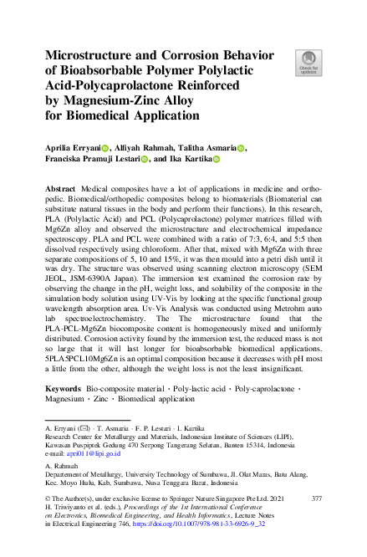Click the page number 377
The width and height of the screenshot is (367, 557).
(x=316, y=498)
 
